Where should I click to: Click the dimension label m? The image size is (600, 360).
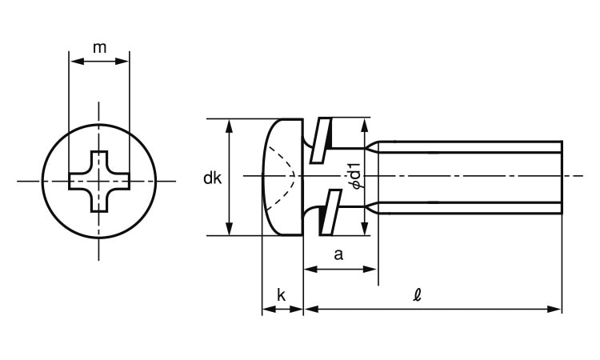99,48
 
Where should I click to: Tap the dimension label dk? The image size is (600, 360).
212,178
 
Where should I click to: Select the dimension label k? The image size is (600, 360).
282,295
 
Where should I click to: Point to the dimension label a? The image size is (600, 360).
338,254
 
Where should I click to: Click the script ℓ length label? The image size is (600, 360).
418,295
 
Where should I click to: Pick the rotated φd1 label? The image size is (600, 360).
355,176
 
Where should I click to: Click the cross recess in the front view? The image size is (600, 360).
99,182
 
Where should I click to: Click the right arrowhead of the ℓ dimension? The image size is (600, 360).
554,309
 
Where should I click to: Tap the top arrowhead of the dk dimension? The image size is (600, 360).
230,126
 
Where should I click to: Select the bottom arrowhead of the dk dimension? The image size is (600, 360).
230,228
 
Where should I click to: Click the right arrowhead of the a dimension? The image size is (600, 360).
370,270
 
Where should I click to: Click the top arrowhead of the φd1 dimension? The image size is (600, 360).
365,125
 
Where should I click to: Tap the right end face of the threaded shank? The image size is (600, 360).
562,177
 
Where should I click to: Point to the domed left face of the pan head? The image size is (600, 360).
264,177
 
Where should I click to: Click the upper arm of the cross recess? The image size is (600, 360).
99,162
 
